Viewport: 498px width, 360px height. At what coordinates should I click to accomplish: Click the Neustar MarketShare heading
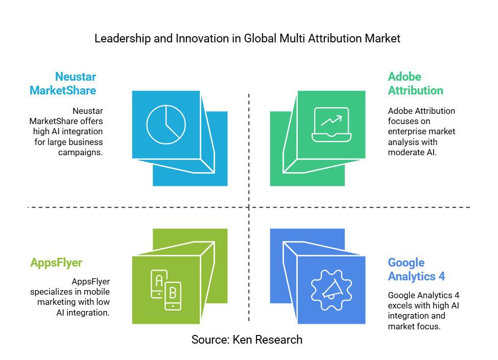coord(63,84)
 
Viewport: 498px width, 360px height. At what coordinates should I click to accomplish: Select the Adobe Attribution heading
coord(415,84)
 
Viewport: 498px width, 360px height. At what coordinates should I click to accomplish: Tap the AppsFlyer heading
coord(56,263)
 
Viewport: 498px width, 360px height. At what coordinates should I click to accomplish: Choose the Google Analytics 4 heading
coord(416,270)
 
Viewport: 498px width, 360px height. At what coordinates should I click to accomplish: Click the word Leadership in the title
coord(122,39)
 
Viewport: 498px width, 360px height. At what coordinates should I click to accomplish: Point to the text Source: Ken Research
coord(247,340)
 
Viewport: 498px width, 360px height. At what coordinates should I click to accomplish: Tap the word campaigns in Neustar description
coord(80,153)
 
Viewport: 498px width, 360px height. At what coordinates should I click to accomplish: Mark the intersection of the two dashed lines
coord(249,207)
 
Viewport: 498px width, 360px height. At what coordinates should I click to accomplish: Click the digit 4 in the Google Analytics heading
coord(441,276)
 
